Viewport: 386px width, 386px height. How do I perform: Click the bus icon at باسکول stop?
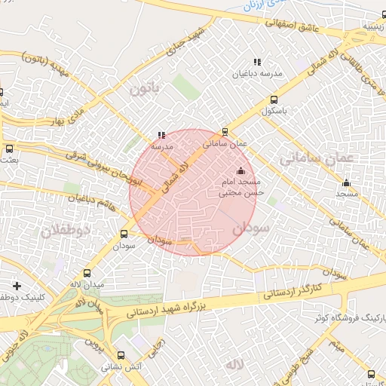[274, 99]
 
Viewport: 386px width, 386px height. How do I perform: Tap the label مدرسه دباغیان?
[257, 74]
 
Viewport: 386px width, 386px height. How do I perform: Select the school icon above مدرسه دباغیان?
[257, 62]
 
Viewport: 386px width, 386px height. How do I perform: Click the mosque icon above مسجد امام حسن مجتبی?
[241, 170]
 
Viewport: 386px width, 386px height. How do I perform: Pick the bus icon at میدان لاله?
[87, 274]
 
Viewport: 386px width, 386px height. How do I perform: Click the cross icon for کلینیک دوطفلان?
[17, 286]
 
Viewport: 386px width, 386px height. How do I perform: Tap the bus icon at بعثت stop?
[9, 149]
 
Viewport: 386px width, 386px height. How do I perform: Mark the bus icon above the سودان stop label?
[124, 234]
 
